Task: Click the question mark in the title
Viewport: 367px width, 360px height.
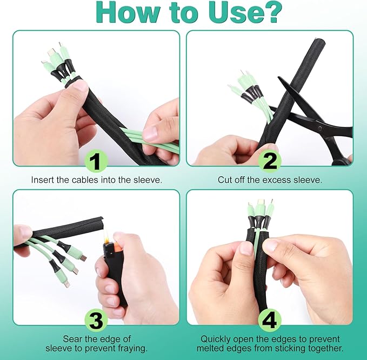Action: click(x=271, y=12)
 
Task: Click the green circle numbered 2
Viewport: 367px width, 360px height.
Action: click(x=270, y=161)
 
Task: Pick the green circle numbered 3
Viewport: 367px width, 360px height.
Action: click(x=96, y=321)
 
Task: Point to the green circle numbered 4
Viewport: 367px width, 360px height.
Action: click(x=270, y=321)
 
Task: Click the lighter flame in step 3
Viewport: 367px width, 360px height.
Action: click(x=106, y=236)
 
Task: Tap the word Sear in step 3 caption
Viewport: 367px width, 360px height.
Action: click(x=72, y=339)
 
